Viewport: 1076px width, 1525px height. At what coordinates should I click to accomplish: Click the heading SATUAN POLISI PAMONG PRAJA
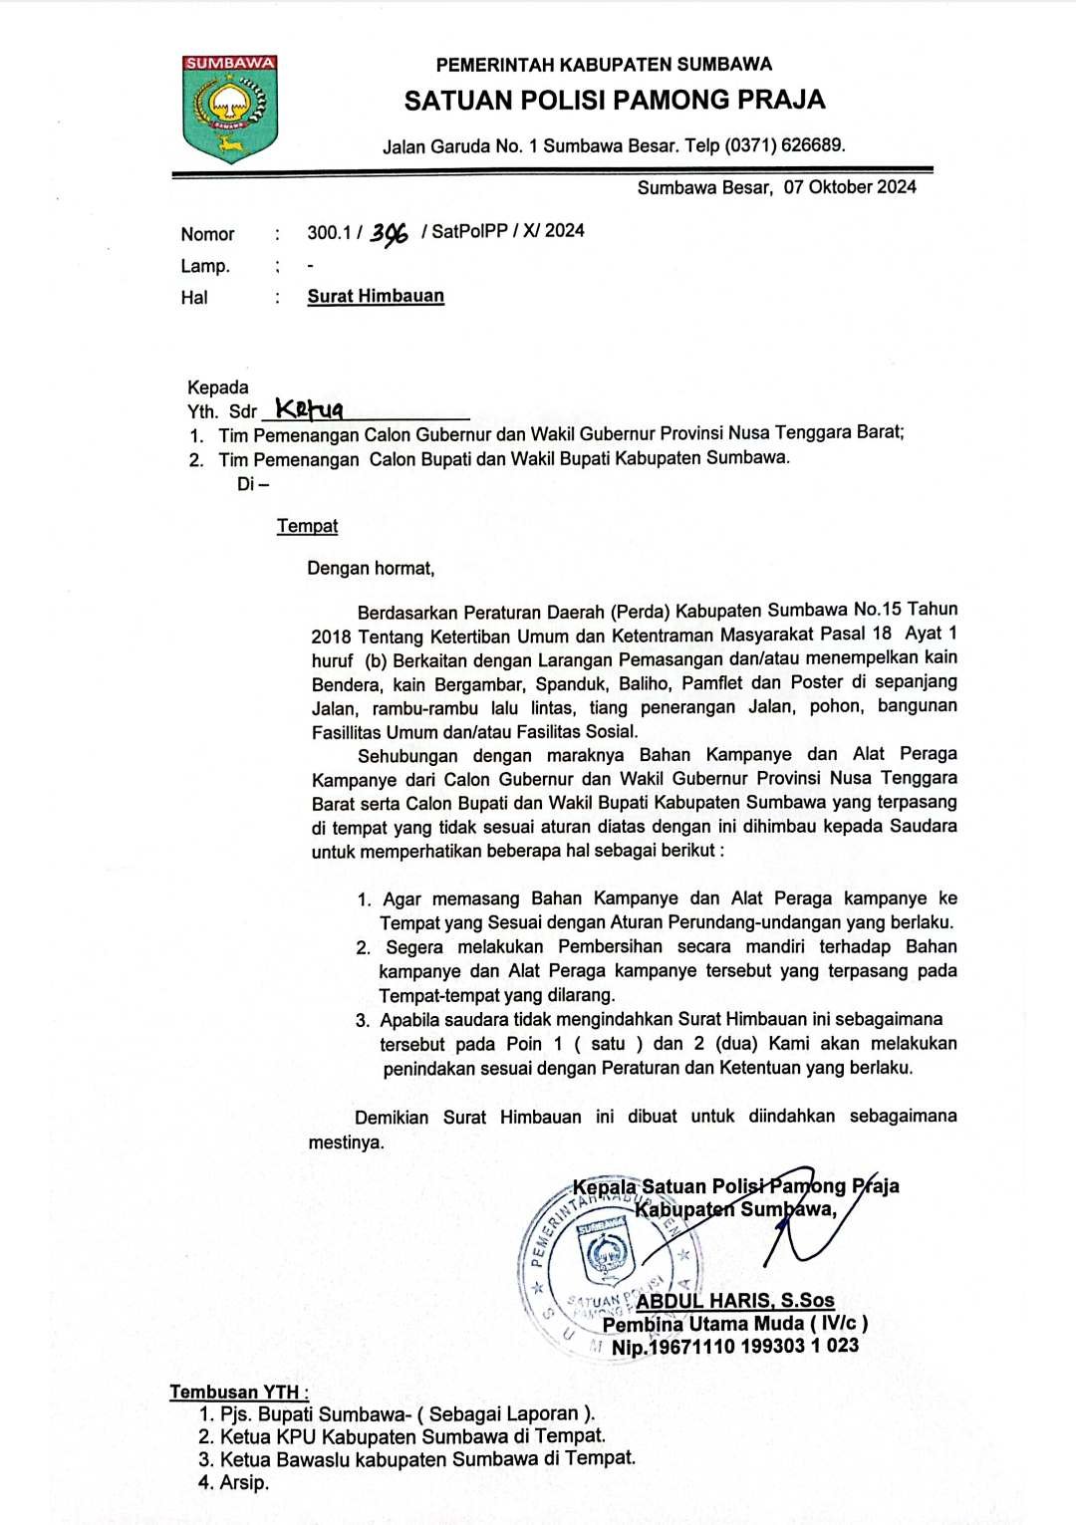[614, 101]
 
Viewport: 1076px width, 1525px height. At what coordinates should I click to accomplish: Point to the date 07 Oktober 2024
[850, 186]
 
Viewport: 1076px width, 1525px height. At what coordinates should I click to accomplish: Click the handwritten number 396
[389, 234]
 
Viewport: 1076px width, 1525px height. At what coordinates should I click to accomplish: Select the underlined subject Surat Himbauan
[376, 296]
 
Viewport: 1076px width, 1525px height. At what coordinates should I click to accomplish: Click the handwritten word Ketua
[309, 408]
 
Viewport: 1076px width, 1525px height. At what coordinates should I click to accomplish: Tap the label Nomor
[207, 235]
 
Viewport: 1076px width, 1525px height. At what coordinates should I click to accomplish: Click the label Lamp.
[205, 266]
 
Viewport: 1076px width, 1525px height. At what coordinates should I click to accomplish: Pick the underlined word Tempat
[307, 526]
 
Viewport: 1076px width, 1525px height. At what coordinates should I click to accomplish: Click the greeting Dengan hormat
[371, 569]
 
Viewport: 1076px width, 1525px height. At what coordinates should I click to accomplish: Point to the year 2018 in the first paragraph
[331, 635]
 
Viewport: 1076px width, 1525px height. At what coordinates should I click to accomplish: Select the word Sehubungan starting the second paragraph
[407, 756]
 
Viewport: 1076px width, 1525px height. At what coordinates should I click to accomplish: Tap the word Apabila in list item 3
[410, 1020]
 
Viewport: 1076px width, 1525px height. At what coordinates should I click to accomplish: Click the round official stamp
[607, 1260]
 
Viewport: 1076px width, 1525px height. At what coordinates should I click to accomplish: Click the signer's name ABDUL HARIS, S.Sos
[735, 1301]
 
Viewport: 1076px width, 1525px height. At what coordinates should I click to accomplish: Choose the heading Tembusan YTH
[239, 1393]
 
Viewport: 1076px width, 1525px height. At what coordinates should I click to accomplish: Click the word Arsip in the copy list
[244, 1482]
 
